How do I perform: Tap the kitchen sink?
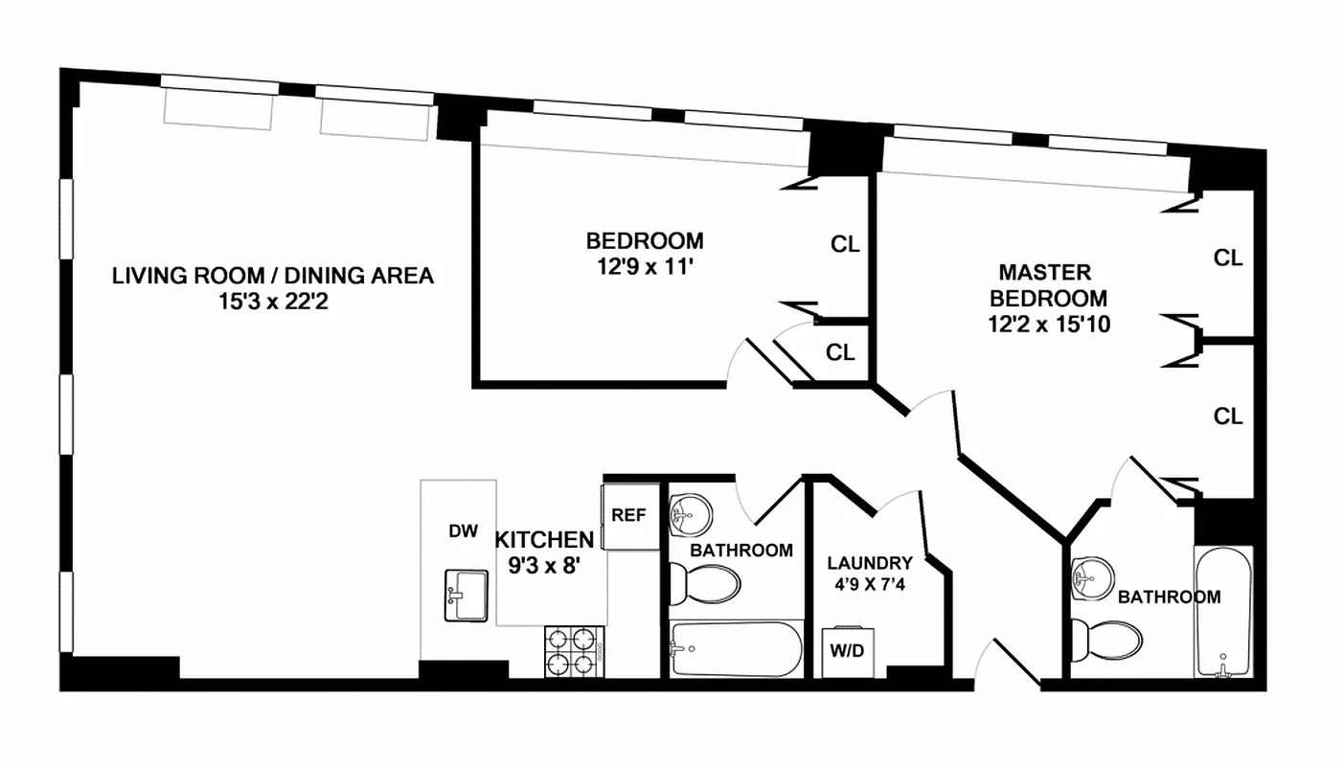pyautogui.click(x=467, y=596)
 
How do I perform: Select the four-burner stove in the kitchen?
pyautogui.click(x=572, y=652)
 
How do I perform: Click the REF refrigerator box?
pyautogui.click(x=629, y=515)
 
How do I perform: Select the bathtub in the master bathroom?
pyautogui.click(x=1222, y=613)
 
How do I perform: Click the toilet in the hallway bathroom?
pyautogui.click(x=705, y=583)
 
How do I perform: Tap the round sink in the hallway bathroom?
pyautogui.click(x=689, y=514)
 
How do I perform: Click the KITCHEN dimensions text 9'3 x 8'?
pyautogui.click(x=545, y=565)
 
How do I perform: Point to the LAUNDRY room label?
pyautogui.click(x=870, y=563)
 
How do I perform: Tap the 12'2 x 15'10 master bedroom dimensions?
pyautogui.click(x=1049, y=324)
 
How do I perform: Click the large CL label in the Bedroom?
pyautogui.click(x=845, y=244)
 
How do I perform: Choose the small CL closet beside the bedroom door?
pyautogui.click(x=840, y=352)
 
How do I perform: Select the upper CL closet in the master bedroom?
pyautogui.click(x=1227, y=258)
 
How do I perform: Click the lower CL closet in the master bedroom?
pyautogui.click(x=1227, y=417)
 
